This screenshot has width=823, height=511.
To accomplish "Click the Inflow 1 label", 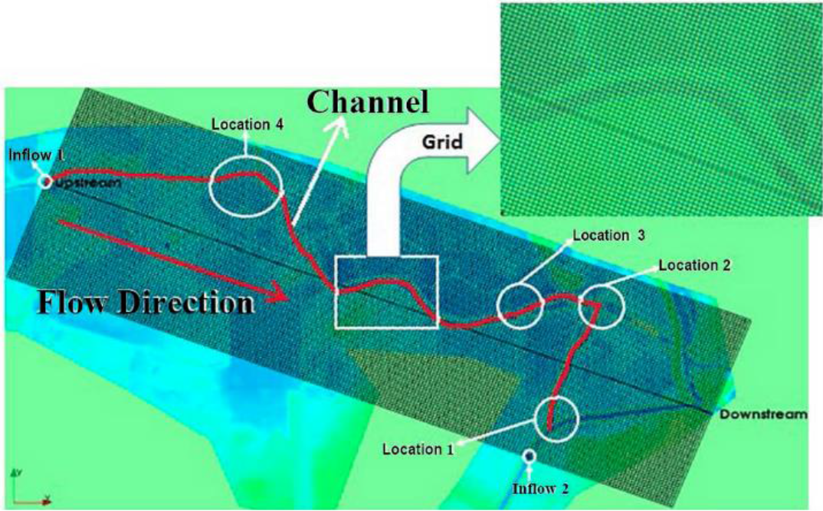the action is [36, 155].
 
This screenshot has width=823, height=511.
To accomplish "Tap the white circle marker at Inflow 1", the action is [45, 182].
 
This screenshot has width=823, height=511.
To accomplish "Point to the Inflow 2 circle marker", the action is [528, 456].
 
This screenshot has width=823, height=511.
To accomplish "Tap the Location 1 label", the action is [418, 448].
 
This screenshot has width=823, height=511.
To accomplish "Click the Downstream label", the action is [762, 414].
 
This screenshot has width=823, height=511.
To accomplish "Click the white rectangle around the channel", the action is [385, 293].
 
